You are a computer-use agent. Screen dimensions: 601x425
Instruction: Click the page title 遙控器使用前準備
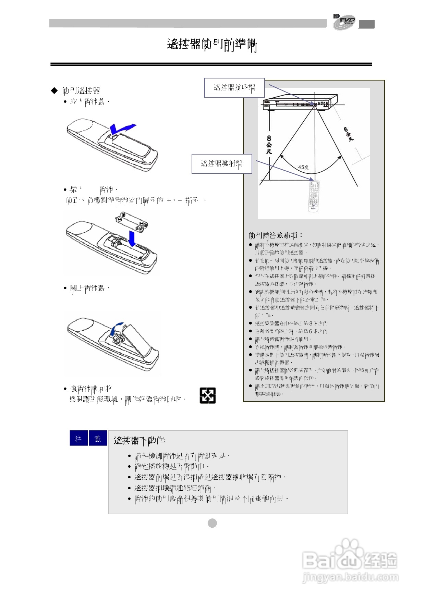coord(212,45)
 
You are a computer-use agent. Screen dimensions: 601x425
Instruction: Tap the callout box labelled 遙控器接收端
coord(234,88)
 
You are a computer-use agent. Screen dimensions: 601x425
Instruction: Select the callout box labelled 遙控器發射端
coord(221,164)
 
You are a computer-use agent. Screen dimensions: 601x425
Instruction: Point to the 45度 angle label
coord(303,167)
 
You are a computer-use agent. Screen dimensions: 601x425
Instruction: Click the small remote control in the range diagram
coord(313,196)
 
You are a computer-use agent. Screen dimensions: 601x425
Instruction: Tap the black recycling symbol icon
coord(208,395)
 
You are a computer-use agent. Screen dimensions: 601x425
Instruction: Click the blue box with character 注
coord(78,438)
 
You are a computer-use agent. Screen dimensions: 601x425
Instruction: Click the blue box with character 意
coord(98,438)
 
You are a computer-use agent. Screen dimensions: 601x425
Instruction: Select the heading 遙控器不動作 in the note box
coord(140,440)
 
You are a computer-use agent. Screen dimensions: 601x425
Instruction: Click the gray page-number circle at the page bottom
coord(212,523)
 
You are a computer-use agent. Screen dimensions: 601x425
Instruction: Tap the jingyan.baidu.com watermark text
coord(350,577)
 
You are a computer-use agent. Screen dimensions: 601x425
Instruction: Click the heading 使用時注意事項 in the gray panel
coord(276,235)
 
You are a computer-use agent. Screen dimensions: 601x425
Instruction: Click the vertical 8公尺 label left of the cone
coord(269,144)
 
